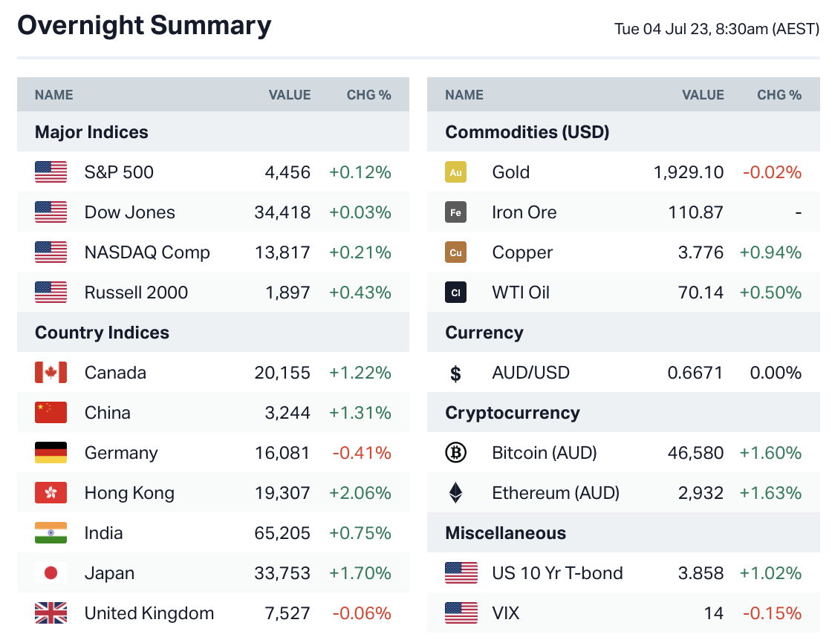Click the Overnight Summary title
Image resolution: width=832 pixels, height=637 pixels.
point(144,26)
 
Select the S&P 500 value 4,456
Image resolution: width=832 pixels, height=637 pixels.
point(287,172)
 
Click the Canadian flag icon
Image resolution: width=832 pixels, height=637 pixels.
point(51,373)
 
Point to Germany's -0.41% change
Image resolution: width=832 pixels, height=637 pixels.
point(361,453)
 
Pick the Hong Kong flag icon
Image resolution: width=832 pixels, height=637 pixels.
point(51,493)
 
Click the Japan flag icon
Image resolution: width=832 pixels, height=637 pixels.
point(51,573)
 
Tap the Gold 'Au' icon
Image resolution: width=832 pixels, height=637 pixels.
point(455,172)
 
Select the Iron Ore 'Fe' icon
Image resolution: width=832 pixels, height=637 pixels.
point(455,212)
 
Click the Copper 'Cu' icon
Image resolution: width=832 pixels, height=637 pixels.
point(455,252)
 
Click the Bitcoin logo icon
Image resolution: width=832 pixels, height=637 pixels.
point(455,453)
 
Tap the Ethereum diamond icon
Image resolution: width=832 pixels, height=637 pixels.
point(455,493)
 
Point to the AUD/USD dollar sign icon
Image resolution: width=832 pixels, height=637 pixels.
point(455,373)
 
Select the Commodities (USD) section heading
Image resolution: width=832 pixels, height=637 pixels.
point(527,132)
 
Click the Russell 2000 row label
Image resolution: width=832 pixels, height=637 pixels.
point(136,293)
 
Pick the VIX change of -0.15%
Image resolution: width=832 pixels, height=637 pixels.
point(772,613)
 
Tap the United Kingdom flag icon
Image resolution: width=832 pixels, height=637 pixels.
point(51,613)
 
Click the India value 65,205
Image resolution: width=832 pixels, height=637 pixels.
point(282,533)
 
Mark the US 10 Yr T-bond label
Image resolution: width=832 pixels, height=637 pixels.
point(557,573)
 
